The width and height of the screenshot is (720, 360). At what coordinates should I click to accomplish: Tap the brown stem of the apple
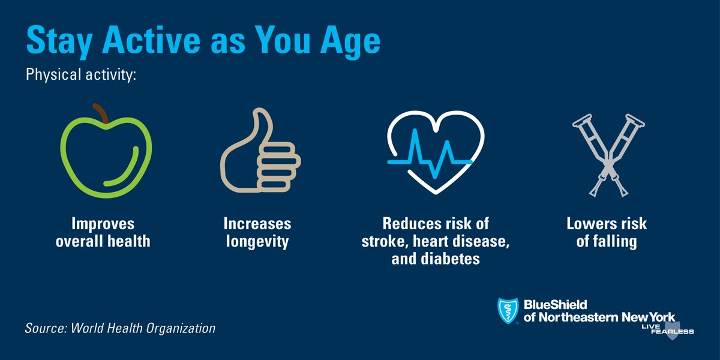101,113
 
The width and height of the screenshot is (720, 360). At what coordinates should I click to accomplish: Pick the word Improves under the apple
103,224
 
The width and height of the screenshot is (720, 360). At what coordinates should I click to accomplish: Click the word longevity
257,242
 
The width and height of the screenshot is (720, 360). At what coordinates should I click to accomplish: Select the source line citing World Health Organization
120,329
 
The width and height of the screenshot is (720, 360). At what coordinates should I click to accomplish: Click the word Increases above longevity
257,224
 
